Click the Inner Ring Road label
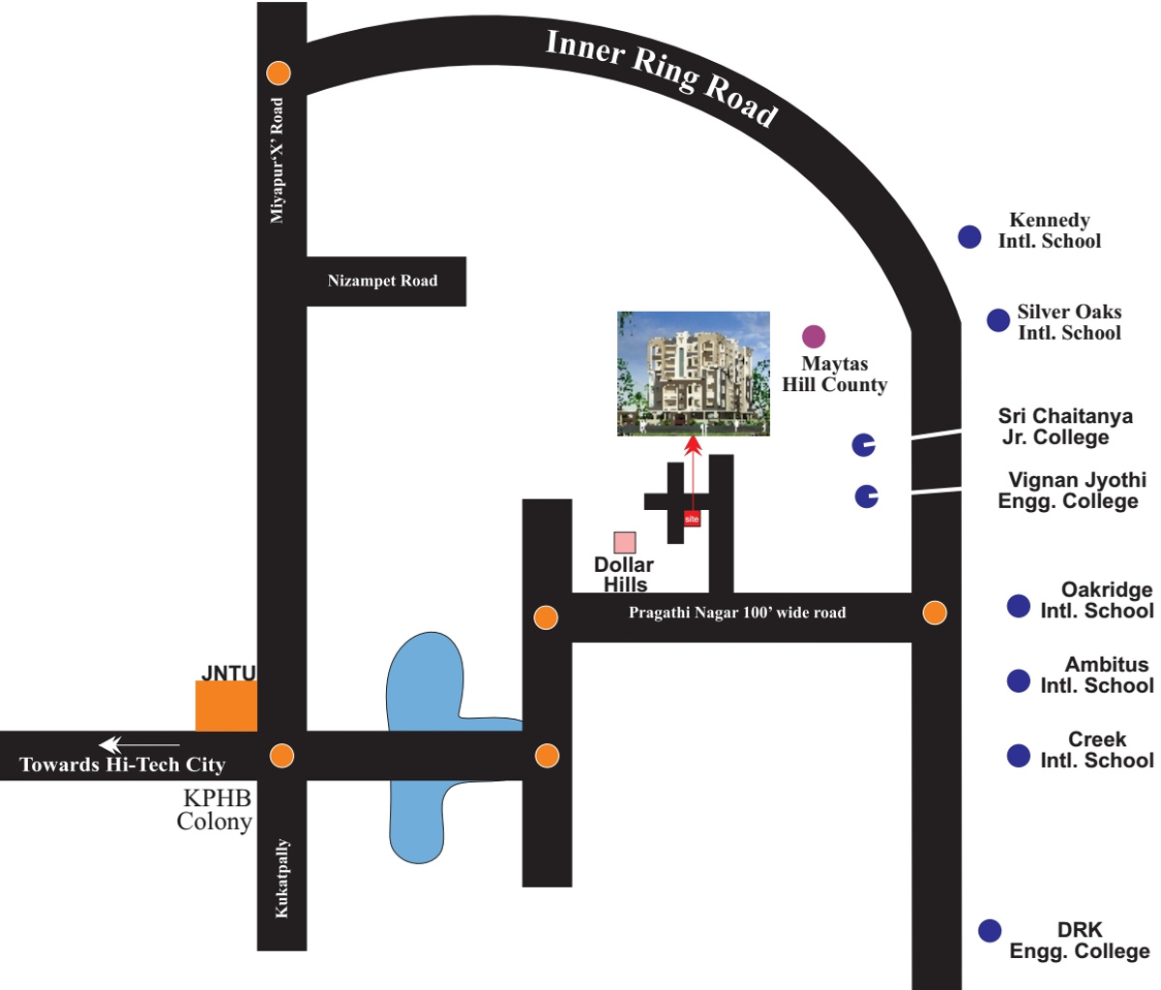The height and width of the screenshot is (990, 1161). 662,77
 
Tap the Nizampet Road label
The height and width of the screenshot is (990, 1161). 382,281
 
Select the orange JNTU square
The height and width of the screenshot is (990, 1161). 226,705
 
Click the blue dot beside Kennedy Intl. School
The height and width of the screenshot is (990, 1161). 969,236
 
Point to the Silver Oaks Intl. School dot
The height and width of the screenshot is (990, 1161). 998,319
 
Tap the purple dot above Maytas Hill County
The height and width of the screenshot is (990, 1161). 814,337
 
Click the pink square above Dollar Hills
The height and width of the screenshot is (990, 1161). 625,543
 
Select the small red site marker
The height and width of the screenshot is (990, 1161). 692,519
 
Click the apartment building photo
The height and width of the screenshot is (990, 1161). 694,374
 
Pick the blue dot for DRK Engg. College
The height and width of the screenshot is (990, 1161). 989,931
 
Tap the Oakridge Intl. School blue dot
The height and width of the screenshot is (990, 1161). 1018,606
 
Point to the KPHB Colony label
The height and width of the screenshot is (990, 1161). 215,810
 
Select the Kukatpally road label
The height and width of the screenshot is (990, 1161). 282,879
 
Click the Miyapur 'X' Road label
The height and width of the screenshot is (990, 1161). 279,161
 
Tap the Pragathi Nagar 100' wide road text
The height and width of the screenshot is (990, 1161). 737,613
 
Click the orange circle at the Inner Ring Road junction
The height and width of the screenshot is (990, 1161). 279,73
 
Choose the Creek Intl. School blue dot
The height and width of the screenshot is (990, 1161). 1018,755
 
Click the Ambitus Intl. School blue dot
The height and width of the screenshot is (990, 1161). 1018,680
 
